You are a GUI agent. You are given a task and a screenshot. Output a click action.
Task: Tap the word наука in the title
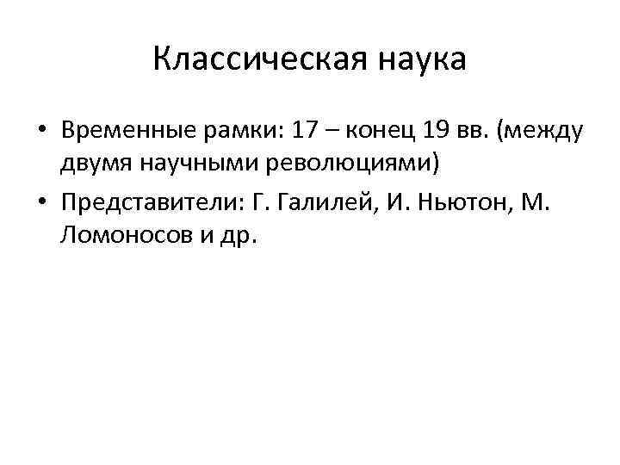click(419, 59)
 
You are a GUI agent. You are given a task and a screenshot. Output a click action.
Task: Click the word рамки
click(226, 133)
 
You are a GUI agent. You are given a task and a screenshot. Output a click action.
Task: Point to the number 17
click(307, 133)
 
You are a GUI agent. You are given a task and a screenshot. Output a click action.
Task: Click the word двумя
click(94, 163)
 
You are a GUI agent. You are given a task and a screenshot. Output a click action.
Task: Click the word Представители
click(152, 201)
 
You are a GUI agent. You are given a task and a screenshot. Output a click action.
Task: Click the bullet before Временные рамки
click(41, 133)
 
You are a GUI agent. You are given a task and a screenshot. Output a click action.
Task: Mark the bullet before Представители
click(41, 202)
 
